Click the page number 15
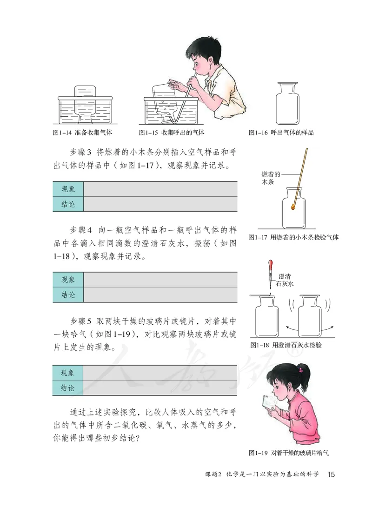[331, 474]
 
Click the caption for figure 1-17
[293, 237]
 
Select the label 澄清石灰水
[284, 279]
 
